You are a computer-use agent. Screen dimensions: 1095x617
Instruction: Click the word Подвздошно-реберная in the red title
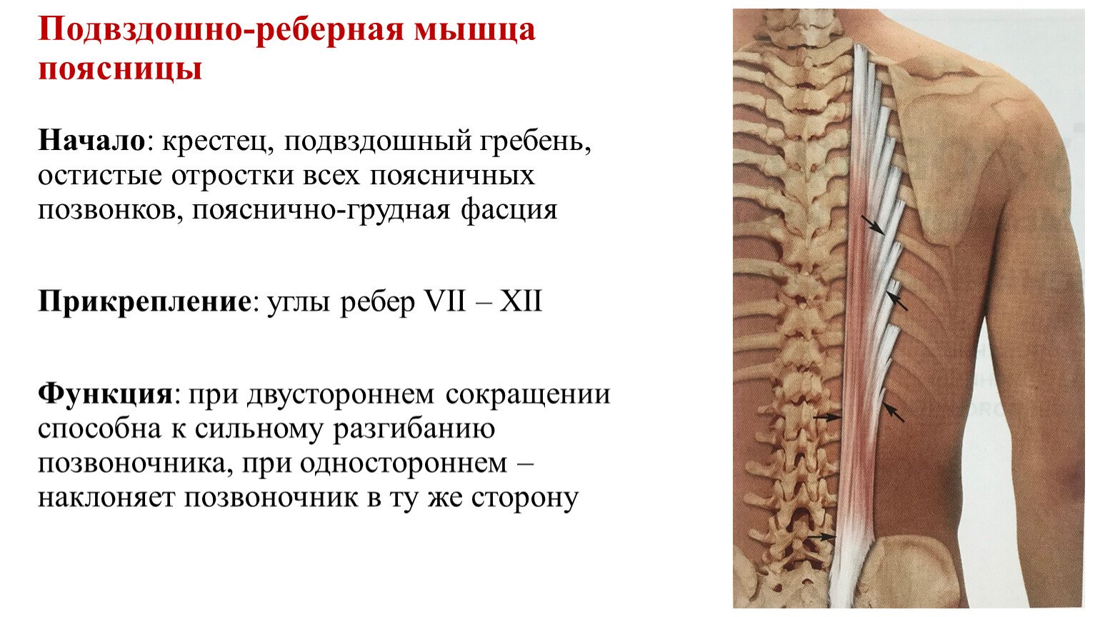(x=221, y=30)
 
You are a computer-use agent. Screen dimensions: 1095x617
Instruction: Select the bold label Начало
(x=92, y=141)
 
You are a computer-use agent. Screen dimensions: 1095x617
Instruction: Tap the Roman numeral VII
(x=445, y=301)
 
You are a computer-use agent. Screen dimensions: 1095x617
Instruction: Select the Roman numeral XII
(x=521, y=301)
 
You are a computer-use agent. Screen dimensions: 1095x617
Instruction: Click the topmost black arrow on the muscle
(x=873, y=224)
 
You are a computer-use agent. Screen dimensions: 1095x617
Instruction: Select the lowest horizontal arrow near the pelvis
(x=821, y=537)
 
